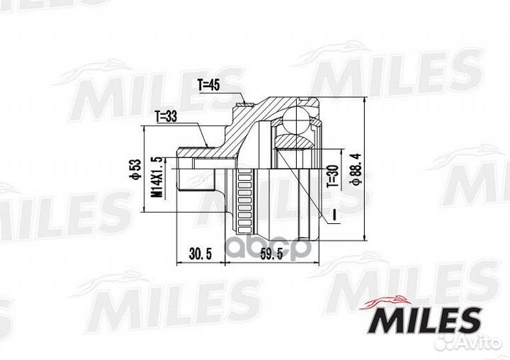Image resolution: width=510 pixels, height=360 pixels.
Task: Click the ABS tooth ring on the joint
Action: (x=246, y=202)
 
